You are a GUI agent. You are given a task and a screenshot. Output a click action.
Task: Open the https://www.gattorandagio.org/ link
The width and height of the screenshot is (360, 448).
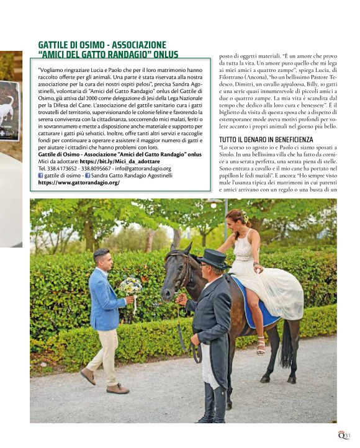click(78, 182)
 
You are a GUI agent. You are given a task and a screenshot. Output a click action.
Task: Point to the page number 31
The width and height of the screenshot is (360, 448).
click(348, 436)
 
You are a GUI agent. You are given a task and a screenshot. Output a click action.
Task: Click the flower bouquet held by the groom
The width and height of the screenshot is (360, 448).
click(131, 286)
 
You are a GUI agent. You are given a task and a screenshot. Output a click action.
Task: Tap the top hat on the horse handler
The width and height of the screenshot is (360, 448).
click(212, 256)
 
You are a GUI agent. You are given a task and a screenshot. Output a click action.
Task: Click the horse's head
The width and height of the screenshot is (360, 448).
click(176, 273)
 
